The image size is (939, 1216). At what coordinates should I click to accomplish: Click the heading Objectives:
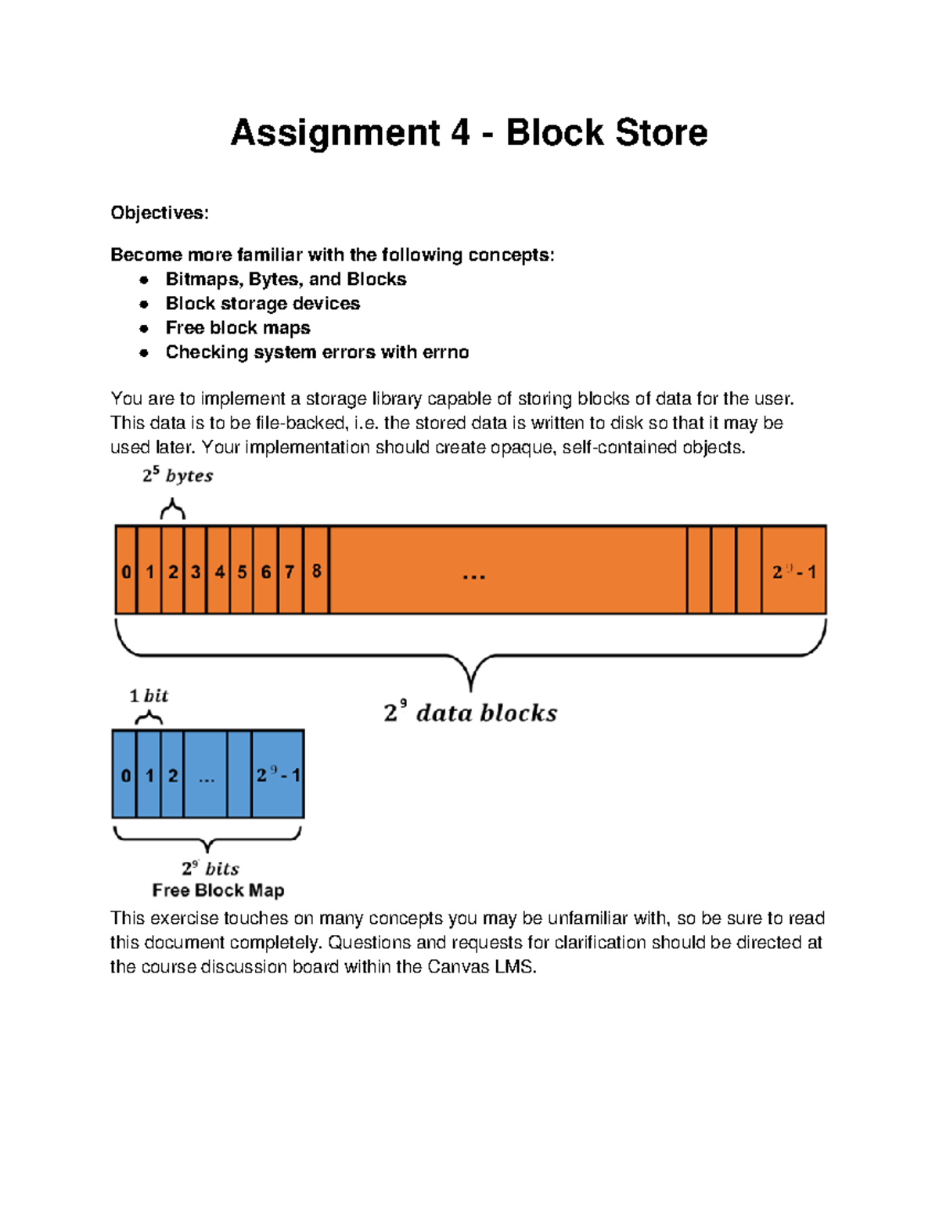[160, 213]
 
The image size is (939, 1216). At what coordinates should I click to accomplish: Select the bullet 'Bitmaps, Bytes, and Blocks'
[286, 280]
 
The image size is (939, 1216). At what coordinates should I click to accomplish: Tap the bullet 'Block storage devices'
[262, 304]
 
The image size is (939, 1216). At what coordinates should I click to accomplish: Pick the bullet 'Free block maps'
[238, 328]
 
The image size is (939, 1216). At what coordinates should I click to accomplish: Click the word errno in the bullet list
[445, 352]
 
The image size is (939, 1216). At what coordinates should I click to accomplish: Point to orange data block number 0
[126, 572]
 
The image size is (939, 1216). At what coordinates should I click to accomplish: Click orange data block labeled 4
[219, 572]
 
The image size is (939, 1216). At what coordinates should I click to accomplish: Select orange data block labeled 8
[316, 571]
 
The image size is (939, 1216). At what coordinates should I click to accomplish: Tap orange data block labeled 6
[266, 572]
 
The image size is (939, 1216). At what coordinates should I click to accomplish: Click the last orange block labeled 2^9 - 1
[793, 572]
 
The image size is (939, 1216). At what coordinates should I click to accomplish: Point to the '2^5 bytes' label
[178, 475]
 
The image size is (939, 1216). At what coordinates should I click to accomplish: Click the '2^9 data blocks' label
[470, 713]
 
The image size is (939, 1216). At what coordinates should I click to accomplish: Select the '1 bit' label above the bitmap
[149, 695]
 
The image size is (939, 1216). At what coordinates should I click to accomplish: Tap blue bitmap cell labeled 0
[125, 775]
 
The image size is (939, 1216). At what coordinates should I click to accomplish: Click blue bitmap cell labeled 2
[172, 775]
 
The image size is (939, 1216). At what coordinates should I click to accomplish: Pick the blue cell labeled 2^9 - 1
[278, 775]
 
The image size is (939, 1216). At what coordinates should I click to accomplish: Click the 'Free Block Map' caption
[218, 890]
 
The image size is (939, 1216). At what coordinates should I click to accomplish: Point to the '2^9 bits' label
[210, 868]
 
